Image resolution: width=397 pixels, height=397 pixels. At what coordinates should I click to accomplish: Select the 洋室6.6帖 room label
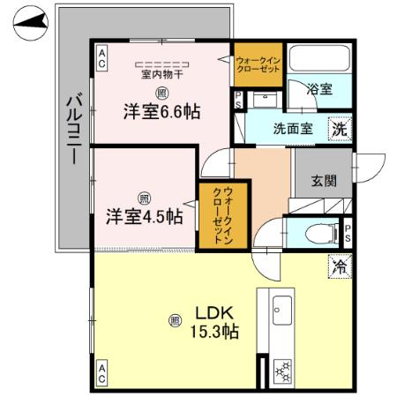tap(161, 112)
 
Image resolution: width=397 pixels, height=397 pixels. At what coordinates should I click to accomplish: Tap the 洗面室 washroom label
tap(293, 127)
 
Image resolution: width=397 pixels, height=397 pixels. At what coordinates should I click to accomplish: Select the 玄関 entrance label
tap(323, 182)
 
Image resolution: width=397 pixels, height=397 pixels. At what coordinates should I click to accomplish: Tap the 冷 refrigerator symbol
tap(340, 264)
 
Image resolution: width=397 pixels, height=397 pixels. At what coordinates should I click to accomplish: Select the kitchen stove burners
tap(283, 370)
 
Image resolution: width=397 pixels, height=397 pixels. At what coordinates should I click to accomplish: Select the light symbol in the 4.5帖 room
tap(143, 197)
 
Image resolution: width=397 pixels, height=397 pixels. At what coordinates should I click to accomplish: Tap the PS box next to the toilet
tap(348, 233)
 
